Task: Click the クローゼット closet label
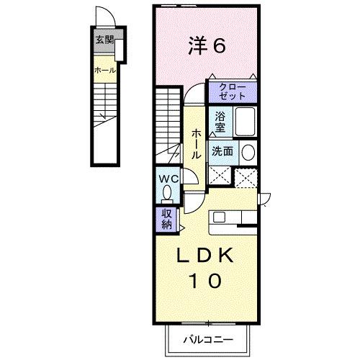[x=228, y=91]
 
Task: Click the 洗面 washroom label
[x=221, y=151]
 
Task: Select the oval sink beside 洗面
[x=247, y=152]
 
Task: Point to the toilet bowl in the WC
[x=167, y=193]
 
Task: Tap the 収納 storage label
[x=166, y=218]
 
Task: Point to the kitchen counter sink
[x=220, y=217]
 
